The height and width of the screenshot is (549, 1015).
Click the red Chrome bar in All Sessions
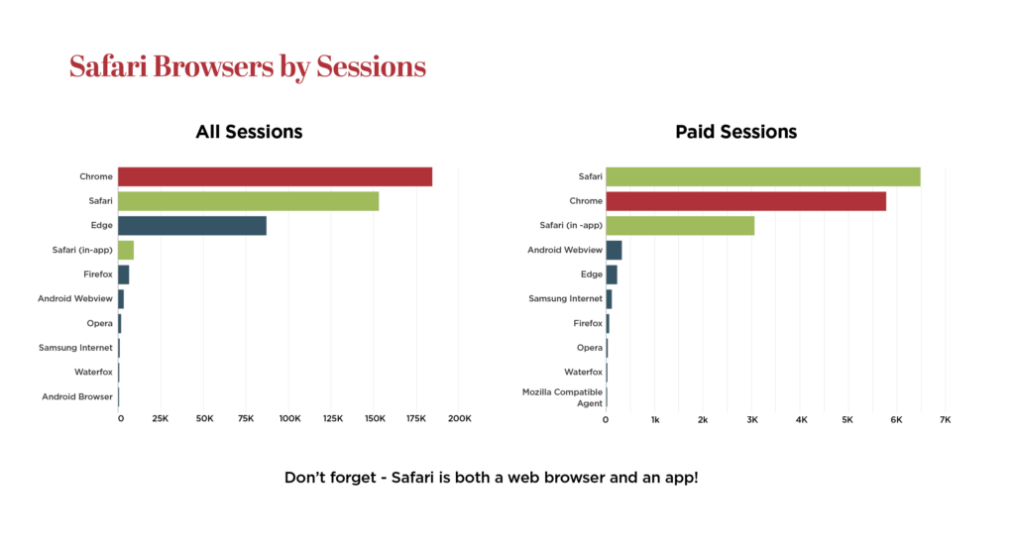(276, 176)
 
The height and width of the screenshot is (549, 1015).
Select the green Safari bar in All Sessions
(249, 201)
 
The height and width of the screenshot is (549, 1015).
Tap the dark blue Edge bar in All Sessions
(192, 226)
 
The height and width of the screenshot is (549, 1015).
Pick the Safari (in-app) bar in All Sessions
(126, 250)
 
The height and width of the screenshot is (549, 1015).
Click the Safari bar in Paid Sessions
(763, 176)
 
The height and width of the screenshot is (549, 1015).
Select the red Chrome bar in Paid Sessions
(745, 201)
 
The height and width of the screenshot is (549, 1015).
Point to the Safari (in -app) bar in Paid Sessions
(680, 226)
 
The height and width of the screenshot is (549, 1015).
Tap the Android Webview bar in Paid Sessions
(614, 250)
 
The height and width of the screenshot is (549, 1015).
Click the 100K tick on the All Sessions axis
(290, 419)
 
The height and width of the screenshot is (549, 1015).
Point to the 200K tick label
(460, 419)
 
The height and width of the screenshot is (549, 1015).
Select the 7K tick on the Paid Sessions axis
(945, 420)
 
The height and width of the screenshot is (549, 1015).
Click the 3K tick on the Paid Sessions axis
(752, 420)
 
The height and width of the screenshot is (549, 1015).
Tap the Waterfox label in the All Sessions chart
(93, 373)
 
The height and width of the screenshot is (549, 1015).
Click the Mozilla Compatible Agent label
(563, 397)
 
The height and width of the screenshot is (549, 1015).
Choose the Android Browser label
(77, 396)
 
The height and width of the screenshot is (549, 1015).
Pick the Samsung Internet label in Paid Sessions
(566, 299)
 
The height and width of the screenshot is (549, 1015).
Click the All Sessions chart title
(249, 132)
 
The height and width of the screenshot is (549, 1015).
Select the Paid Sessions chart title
(736, 132)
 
